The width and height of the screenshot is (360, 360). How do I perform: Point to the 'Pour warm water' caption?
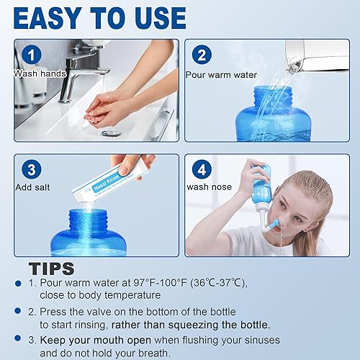click(x=221, y=74)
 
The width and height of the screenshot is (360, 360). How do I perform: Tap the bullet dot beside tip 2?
click(x=17, y=312)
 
